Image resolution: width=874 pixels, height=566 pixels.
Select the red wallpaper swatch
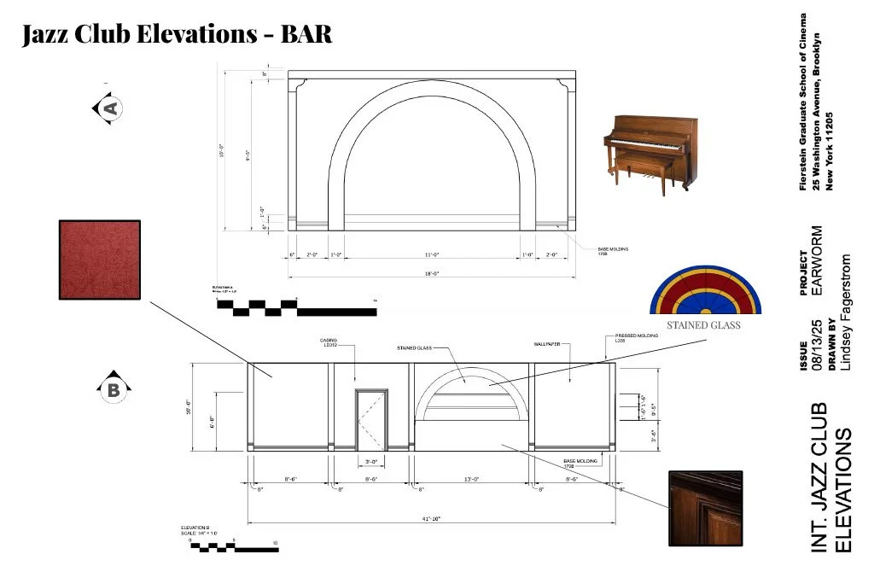pos(99,260)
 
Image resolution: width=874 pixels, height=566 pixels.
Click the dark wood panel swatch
pos(705,508)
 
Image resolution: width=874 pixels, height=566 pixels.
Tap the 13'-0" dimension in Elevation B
pos(471,479)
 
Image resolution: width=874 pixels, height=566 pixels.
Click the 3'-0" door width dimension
pos(371,462)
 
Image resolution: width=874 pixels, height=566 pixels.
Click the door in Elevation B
pos(371,418)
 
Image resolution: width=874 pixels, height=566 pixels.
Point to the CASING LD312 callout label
pos(329,343)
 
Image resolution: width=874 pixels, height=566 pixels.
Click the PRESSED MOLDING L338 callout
pos(632,339)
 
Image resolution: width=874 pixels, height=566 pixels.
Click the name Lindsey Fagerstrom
pos(846,312)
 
